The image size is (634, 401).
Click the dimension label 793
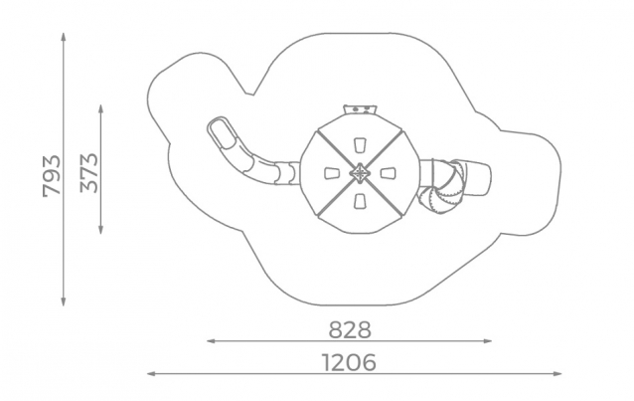pyautogui.click(x=52, y=176)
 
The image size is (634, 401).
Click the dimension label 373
pyautogui.click(x=89, y=173)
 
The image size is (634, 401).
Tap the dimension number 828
pyautogui.click(x=350, y=329)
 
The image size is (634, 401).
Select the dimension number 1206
pyautogui.click(x=349, y=362)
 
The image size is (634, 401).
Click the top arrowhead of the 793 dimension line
pyautogui.click(x=64, y=37)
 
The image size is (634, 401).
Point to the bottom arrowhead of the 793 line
pyautogui.click(x=64, y=301)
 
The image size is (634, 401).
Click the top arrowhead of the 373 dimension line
pyautogui.click(x=101, y=108)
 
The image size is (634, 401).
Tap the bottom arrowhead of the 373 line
pyautogui.click(x=101, y=230)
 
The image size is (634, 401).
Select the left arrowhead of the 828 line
pyautogui.click(x=211, y=341)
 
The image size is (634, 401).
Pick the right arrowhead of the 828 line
pyautogui.click(x=487, y=341)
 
